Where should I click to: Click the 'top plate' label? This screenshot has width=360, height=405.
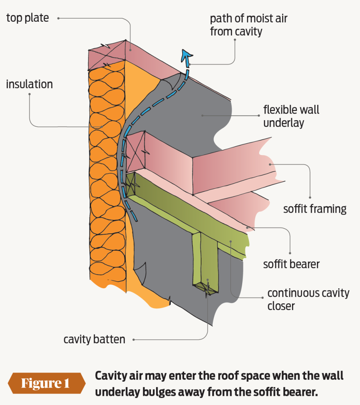click(27, 18)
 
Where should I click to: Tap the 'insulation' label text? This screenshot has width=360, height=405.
click(29, 84)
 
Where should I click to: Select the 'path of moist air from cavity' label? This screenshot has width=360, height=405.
click(236, 25)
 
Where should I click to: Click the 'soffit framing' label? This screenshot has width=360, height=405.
click(315, 208)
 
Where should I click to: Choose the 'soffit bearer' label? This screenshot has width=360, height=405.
click(291, 264)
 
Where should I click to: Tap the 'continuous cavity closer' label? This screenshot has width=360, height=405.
click(308, 299)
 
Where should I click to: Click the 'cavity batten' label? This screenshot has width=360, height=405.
click(94, 339)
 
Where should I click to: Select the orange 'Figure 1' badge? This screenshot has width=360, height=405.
click(46, 383)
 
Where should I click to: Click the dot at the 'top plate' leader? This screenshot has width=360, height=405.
click(58, 18)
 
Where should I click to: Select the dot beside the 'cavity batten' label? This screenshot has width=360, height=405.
click(134, 339)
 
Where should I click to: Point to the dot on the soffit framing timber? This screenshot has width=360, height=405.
click(270, 164)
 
